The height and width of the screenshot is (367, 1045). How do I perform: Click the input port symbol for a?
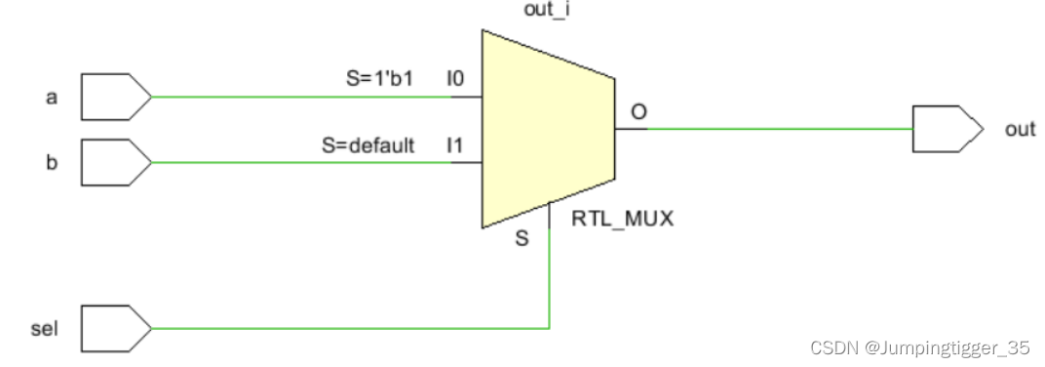(116, 97)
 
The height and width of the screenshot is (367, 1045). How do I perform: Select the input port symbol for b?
(116, 162)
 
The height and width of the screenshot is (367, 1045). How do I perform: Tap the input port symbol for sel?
(116, 328)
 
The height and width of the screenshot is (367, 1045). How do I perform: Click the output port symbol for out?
(948, 129)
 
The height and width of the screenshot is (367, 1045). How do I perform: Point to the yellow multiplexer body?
(548, 129)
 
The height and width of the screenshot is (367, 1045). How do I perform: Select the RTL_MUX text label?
(623, 219)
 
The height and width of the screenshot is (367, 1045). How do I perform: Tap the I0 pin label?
(454, 79)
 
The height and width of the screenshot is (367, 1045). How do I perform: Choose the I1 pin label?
(454, 144)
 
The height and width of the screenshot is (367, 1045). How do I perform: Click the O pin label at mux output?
(639, 112)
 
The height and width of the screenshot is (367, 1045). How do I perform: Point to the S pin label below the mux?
(522, 238)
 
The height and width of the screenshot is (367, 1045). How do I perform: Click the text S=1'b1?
(379, 79)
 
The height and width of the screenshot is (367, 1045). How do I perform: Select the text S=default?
(368, 144)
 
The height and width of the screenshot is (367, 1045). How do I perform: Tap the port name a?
(52, 98)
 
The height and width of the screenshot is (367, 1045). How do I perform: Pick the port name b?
(52, 162)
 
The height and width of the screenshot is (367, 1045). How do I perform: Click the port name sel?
(45, 328)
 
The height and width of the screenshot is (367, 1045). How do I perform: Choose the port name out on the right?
(1021, 129)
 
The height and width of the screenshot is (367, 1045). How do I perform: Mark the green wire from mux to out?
(781, 129)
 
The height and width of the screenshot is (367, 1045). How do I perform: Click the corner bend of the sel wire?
(549, 328)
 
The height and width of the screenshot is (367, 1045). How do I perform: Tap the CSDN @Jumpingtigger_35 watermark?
(919, 347)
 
